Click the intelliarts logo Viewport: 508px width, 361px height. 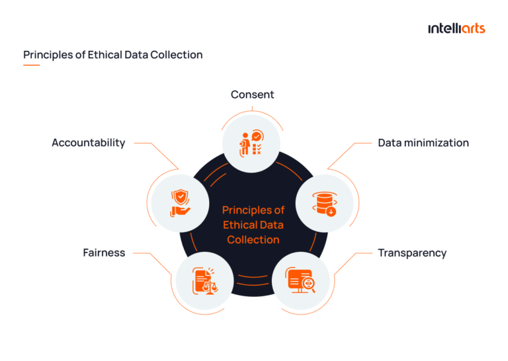click(x=456, y=28)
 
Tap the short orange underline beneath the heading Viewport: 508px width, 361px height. click(x=31, y=65)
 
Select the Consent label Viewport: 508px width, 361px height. click(x=252, y=95)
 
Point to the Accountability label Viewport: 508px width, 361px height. click(x=88, y=143)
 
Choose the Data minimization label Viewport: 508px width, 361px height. click(x=423, y=143)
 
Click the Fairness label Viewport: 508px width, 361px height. click(x=104, y=253)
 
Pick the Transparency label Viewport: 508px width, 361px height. click(x=412, y=253)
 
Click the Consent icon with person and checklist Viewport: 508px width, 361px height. click(x=251, y=141)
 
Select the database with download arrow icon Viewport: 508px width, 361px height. click(x=324, y=203)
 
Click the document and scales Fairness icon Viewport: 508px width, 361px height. click(x=204, y=280)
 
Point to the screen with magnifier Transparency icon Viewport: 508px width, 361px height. click(x=302, y=280)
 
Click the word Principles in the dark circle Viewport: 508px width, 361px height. click(x=253, y=210)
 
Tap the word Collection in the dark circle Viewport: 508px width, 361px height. click(x=253, y=239)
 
